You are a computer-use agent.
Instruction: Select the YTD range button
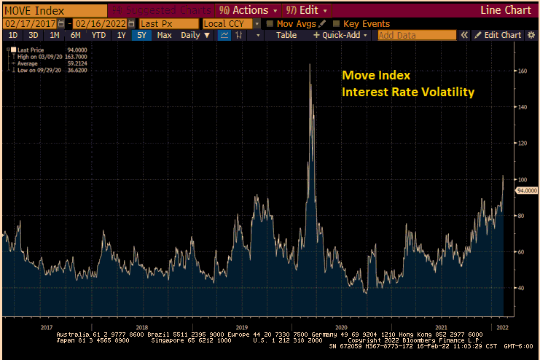click(98, 35)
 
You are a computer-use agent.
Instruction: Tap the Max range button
click(164, 35)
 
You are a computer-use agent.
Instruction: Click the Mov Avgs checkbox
click(270, 23)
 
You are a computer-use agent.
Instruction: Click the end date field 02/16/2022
click(98, 23)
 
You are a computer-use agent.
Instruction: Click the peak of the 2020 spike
click(310, 65)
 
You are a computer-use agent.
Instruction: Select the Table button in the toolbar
click(286, 35)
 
